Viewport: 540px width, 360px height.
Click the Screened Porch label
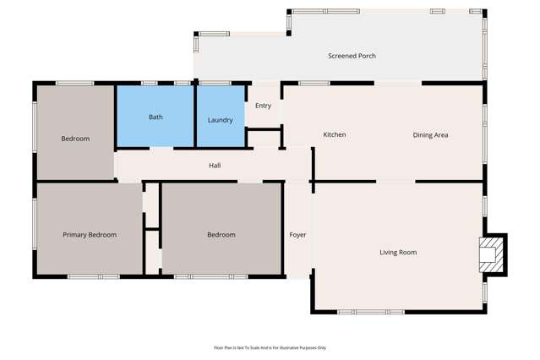tap(352, 56)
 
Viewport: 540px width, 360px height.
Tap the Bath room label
tap(155, 117)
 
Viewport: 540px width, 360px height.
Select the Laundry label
tap(221, 120)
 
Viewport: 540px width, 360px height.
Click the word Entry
tap(263, 106)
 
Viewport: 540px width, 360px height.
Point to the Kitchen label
tap(335, 135)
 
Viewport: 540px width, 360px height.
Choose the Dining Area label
tap(430, 135)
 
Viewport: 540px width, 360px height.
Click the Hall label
tap(215, 166)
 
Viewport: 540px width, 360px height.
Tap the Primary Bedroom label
tap(90, 235)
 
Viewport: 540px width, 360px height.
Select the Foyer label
tap(297, 235)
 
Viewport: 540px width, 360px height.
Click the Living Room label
tap(398, 253)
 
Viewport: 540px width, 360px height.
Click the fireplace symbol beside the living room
tap(489, 254)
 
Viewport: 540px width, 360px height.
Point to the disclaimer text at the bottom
tap(270, 347)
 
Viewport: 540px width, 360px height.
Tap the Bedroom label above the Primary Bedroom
tap(75, 139)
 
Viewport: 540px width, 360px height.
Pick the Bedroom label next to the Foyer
tap(221, 235)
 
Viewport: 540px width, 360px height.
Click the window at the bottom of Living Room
tap(370, 312)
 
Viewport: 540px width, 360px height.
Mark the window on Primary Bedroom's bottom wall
tap(93, 276)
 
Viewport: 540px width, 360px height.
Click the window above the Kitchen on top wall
tap(314, 83)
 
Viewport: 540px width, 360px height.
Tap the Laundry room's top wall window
tap(215, 83)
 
